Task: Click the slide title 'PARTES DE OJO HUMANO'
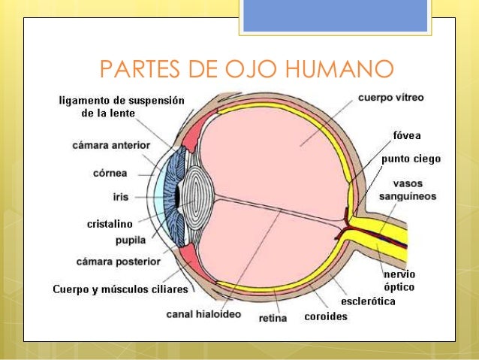pos(246,70)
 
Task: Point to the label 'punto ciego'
pos(411,159)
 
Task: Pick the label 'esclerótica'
pos(368,301)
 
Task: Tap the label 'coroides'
pos(325,316)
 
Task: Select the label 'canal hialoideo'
pos(203,314)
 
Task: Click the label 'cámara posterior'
pos(119,262)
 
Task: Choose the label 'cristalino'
pos(110,224)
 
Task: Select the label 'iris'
pos(120,196)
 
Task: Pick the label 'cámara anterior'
pos(111,144)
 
